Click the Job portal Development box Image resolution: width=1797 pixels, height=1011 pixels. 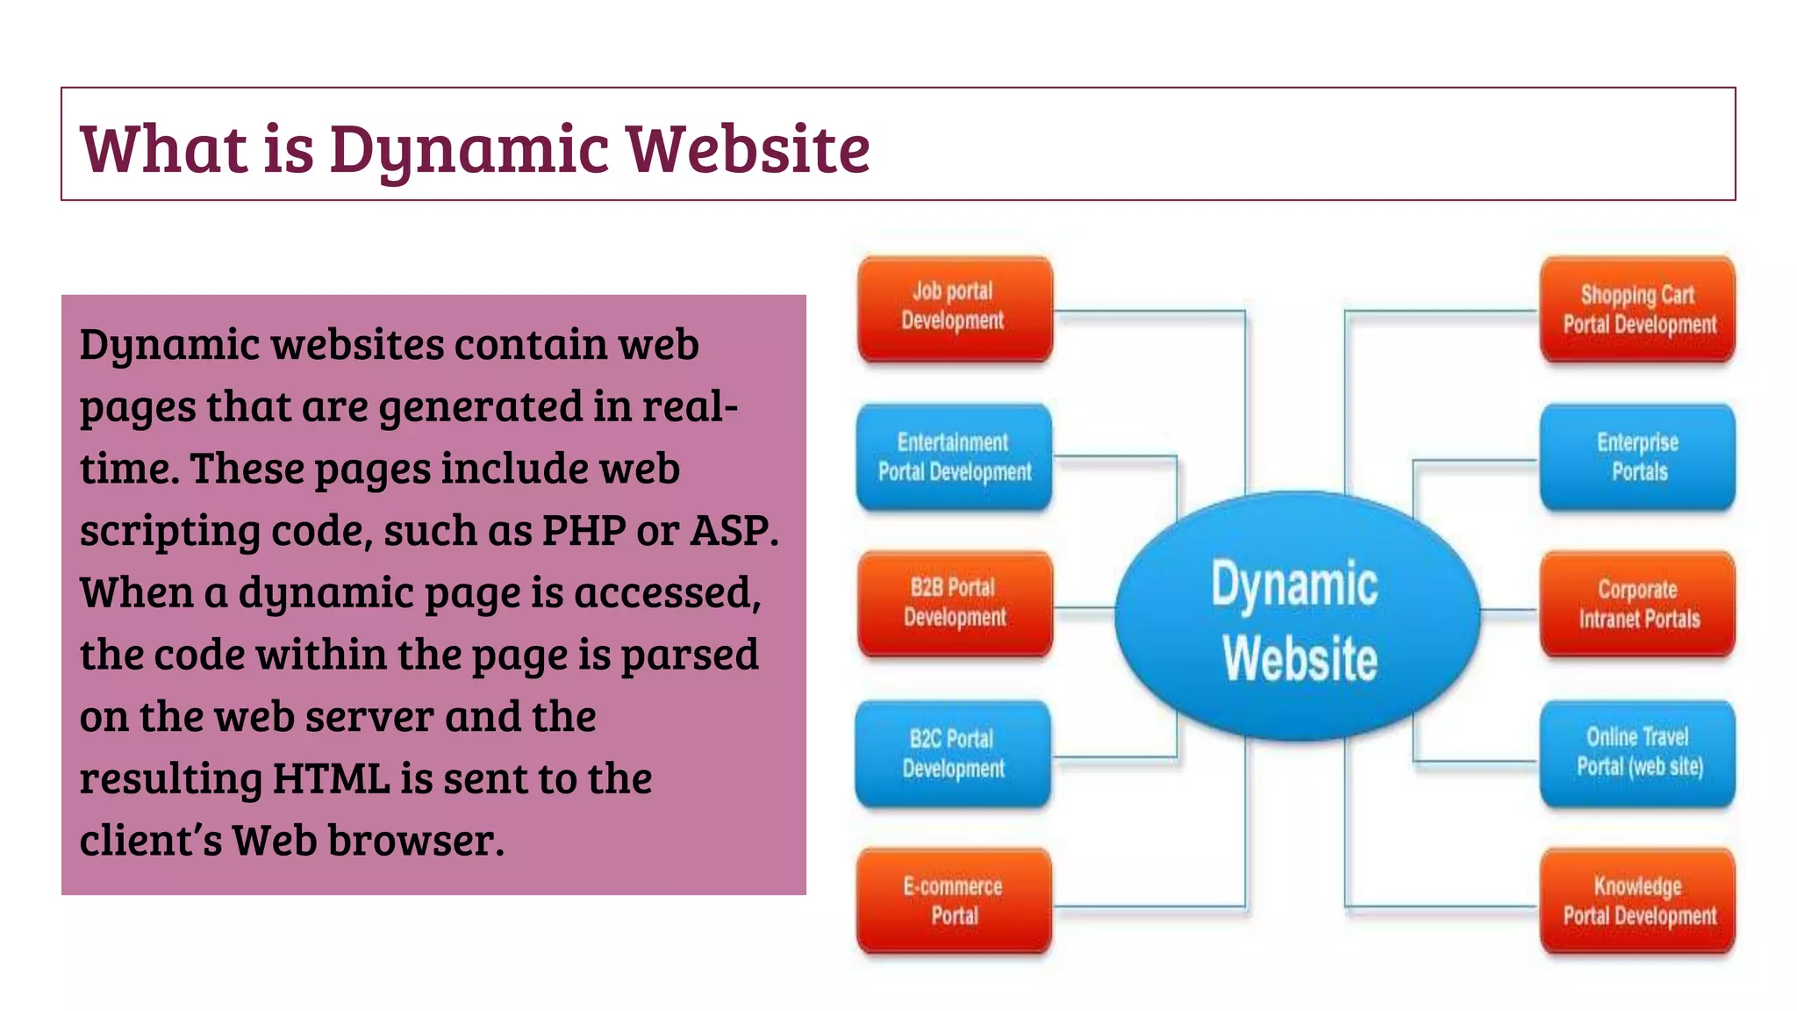click(x=955, y=308)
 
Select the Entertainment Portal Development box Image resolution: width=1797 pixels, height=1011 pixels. click(x=955, y=457)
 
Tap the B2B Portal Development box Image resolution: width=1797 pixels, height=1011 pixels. click(x=955, y=604)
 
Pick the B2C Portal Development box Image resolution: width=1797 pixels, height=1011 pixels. click(x=954, y=754)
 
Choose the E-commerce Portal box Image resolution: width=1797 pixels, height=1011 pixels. click(x=954, y=901)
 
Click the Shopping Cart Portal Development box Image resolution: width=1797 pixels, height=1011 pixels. click(x=1638, y=310)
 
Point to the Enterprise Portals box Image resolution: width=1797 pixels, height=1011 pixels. click(x=1638, y=457)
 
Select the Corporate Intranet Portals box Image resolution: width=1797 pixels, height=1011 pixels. click(x=1638, y=605)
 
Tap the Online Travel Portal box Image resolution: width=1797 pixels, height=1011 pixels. click(x=1638, y=753)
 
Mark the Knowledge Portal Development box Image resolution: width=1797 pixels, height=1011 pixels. click(x=1638, y=901)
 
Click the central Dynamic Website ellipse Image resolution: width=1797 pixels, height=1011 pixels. click(x=1297, y=618)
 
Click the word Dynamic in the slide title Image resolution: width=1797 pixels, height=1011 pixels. click(x=469, y=149)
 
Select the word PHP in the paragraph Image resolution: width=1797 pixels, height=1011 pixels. click(x=583, y=530)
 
